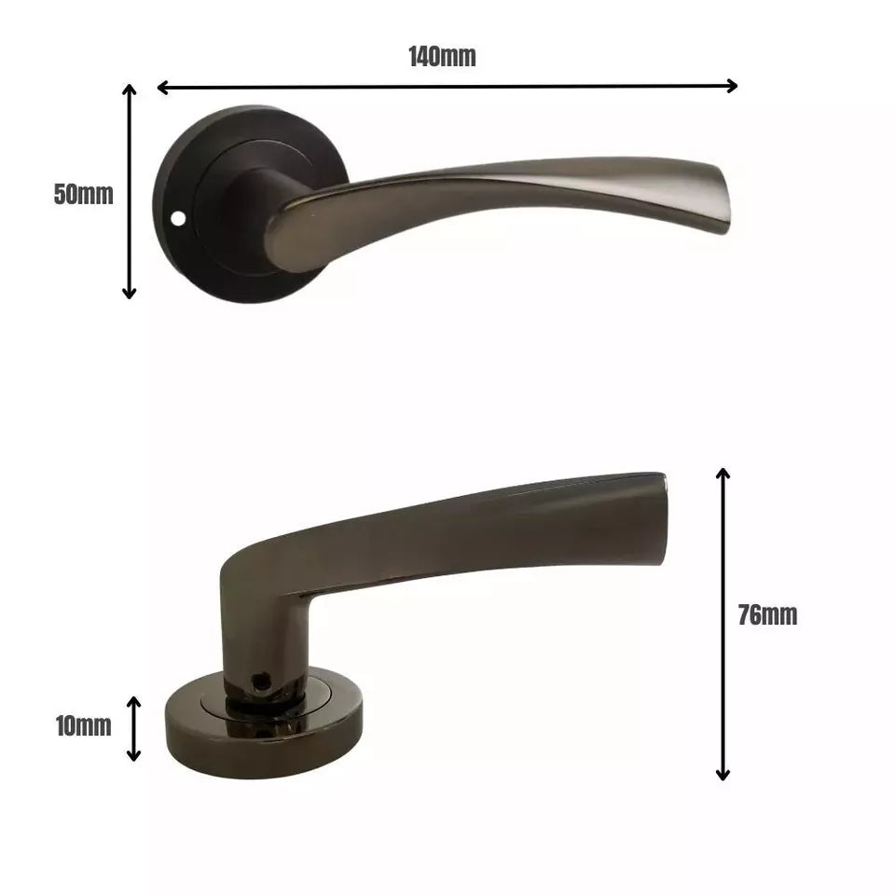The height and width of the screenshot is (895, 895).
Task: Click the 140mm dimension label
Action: (x=442, y=57)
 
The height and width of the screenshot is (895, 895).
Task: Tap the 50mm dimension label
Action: (x=84, y=195)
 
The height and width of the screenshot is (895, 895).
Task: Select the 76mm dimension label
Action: (x=767, y=615)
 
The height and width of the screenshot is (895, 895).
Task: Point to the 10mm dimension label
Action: (x=83, y=725)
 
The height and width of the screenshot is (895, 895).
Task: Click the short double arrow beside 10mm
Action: (x=134, y=728)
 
